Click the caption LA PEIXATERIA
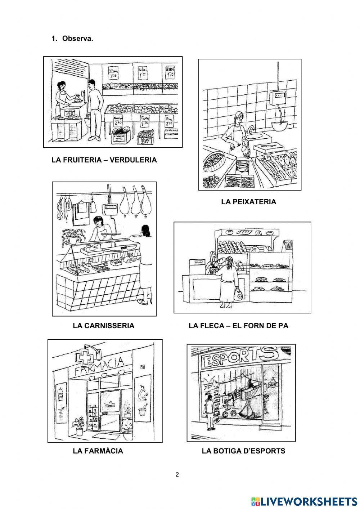(248, 202)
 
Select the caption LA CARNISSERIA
(103, 326)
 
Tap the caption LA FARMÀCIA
(98, 451)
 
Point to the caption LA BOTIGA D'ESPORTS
(243, 451)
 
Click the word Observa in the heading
(77, 39)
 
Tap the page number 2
(177, 474)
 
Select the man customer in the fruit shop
(95, 110)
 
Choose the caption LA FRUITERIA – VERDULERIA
(104, 160)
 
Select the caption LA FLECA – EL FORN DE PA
(238, 326)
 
